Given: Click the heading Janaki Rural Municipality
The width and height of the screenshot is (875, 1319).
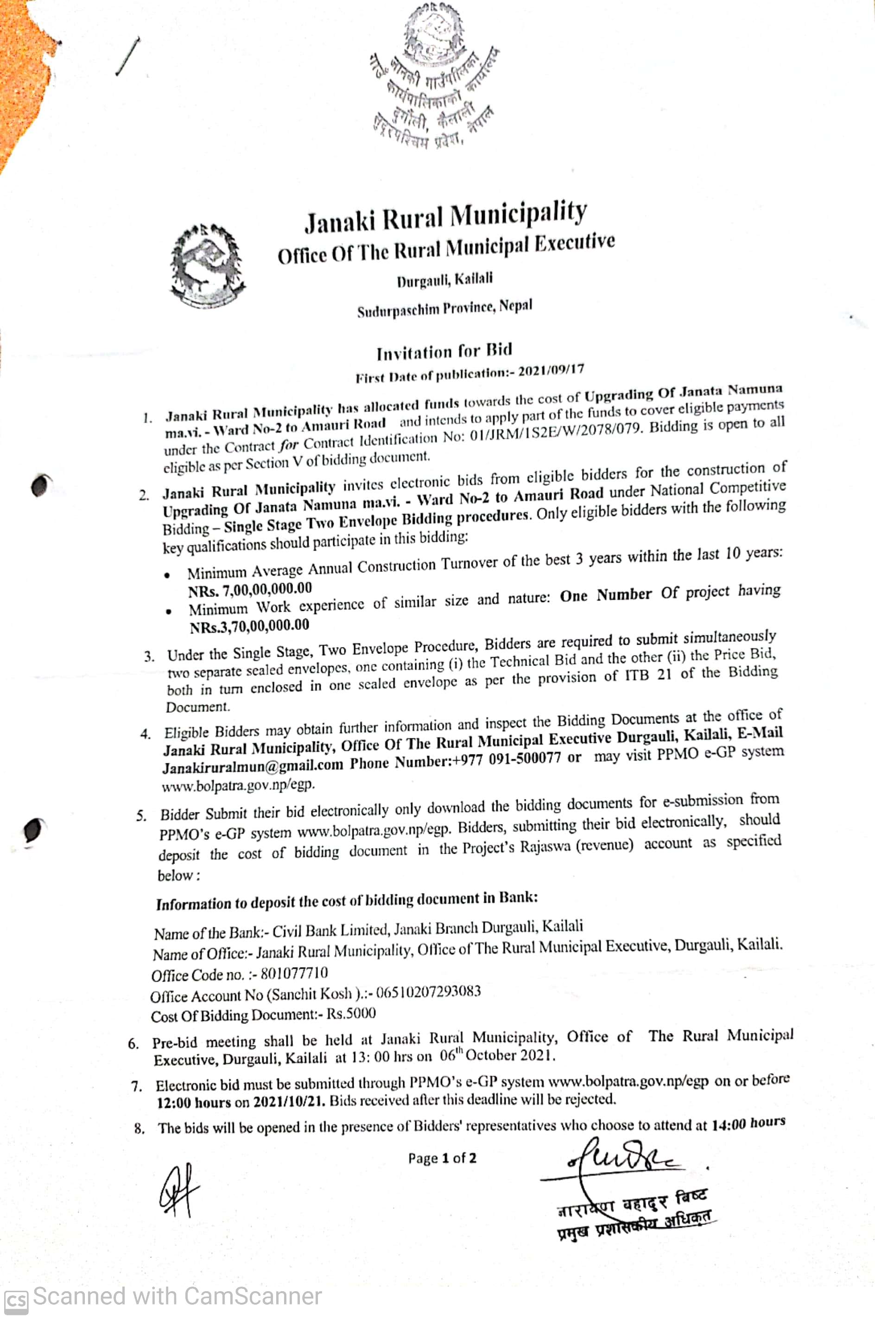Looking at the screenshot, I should tap(445, 216).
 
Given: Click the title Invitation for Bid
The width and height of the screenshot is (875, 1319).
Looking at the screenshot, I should tap(444, 351).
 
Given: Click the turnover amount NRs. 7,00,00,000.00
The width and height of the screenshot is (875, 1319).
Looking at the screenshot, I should tap(250, 589).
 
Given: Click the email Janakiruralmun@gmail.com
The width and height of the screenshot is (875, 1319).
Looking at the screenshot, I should tap(252, 766).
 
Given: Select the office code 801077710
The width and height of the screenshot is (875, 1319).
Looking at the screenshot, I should tap(294, 974).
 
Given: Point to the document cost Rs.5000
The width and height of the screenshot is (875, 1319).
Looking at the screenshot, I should tap(351, 1014).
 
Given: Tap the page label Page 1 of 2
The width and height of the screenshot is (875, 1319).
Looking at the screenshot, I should tap(442, 1158).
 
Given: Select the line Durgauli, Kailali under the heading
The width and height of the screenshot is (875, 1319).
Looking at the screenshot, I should tap(445, 279).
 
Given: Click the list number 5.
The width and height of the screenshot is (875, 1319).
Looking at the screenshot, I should tap(142, 816).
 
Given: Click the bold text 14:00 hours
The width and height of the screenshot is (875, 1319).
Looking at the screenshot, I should tap(748, 1123).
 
